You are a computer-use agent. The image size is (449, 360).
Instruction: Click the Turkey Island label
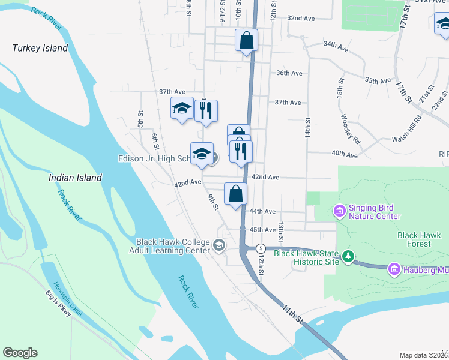tap(40, 48)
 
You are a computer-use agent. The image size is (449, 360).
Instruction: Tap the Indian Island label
tap(75, 178)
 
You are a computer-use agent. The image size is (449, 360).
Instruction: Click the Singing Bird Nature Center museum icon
tap(339, 211)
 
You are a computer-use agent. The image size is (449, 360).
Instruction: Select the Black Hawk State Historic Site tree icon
tap(348, 257)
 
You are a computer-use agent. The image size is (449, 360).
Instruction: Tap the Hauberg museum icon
tap(394, 269)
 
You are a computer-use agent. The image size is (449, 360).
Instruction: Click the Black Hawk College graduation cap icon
tap(219, 245)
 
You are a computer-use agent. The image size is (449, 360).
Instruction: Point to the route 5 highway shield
tap(261, 248)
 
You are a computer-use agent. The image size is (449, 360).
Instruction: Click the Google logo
tap(20, 353)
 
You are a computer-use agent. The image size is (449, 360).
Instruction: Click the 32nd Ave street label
tap(301, 19)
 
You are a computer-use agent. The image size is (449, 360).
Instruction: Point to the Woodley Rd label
tap(349, 128)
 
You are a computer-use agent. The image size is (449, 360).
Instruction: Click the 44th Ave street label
tap(262, 212)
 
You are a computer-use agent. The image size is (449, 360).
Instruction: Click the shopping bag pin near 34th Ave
tap(246, 40)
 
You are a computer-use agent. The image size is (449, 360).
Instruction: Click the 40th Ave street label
tap(345, 154)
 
